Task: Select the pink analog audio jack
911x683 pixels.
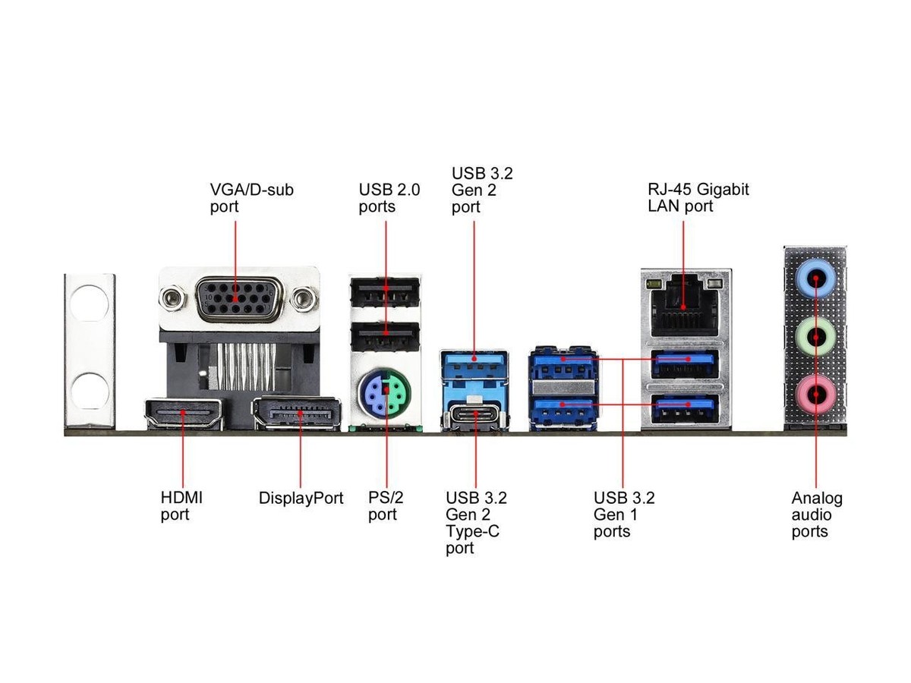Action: (815, 394)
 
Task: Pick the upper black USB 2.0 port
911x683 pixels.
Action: (386, 290)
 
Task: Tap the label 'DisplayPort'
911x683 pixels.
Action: (301, 499)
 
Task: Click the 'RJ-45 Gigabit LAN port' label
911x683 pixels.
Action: (698, 197)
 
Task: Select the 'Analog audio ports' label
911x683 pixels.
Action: (817, 515)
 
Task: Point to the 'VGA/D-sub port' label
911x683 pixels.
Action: (251, 197)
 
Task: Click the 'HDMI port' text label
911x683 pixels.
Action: (181, 506)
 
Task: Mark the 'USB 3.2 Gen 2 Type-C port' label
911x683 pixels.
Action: (476, 523)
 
